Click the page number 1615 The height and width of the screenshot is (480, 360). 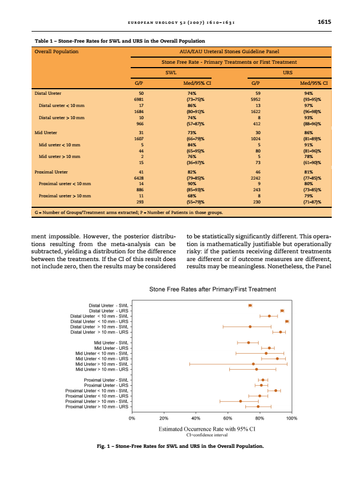click(324, 23)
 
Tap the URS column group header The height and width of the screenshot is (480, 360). click(287, 73)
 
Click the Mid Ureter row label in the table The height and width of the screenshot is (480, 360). click(45, 134)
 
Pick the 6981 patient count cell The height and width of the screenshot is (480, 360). click(141, 99)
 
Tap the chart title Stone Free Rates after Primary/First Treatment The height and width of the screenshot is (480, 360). click(213, 289)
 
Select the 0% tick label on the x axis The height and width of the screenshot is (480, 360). click(132, 418)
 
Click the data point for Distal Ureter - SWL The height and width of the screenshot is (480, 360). click(250, 305)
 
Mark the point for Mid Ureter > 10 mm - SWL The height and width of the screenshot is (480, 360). click(254, 364)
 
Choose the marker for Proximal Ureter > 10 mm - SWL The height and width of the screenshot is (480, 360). click(240, 401)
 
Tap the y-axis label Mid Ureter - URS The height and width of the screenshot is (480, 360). click(111, 348)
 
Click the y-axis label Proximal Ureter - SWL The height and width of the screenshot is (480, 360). click(106, 380)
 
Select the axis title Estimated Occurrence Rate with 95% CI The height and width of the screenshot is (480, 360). click(207, 429)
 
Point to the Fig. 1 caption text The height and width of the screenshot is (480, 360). click(180, 446)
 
